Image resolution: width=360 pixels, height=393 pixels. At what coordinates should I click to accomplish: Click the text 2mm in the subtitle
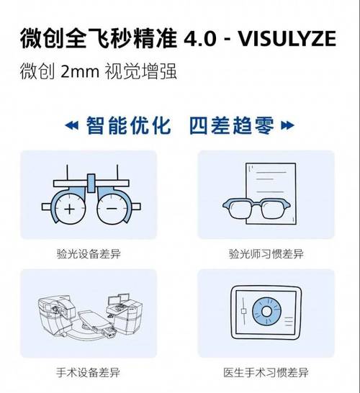point(76,73)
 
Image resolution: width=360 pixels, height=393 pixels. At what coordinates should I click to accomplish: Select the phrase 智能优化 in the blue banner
point(129,126)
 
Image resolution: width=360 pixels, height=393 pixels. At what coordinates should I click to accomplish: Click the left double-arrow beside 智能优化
point(72,127)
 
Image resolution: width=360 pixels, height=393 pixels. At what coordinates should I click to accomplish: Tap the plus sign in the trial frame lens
point(70,209)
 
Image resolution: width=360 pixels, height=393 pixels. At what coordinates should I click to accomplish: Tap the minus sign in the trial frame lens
point(112,209)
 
